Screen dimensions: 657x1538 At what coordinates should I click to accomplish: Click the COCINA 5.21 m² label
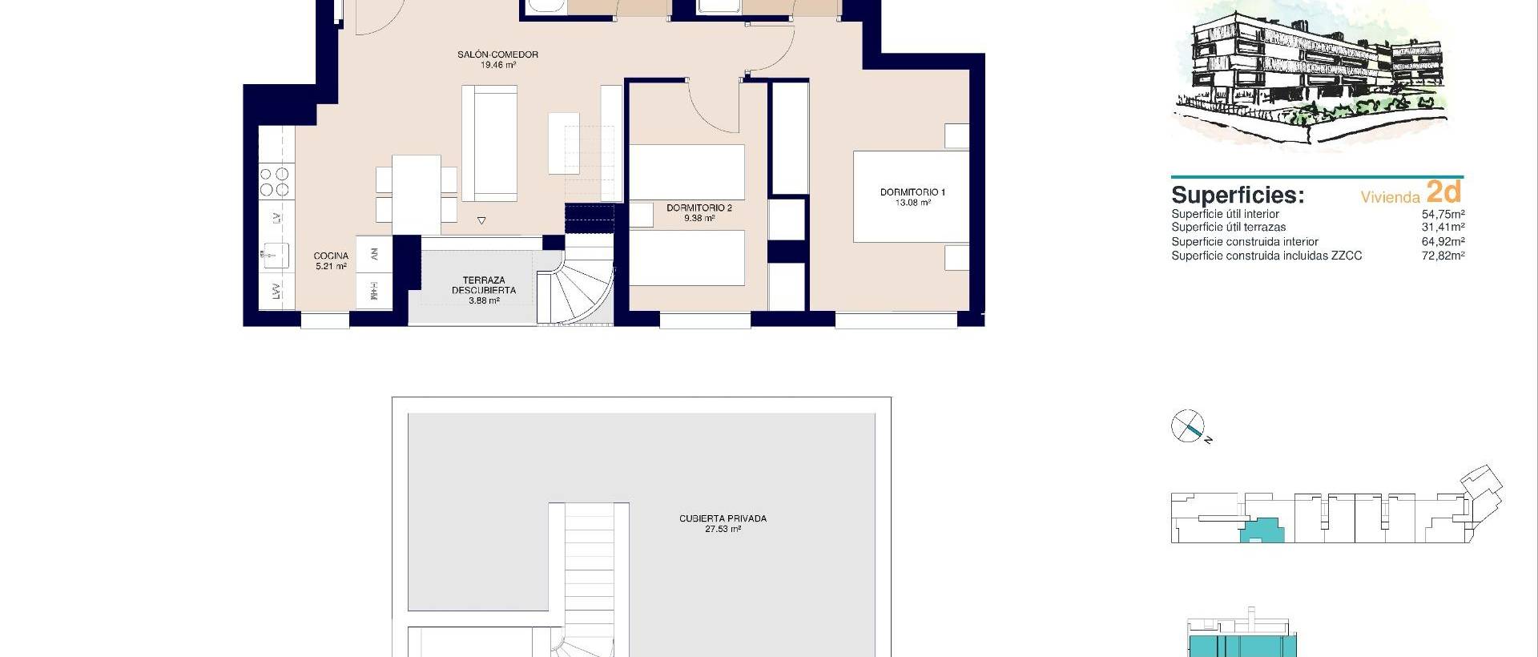click(331, 261)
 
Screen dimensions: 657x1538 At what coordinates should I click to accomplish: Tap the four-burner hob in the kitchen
click(276, 181)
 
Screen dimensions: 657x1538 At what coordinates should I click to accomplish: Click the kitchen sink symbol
click(274, 254)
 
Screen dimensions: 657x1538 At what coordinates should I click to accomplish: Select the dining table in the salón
click(416, 193)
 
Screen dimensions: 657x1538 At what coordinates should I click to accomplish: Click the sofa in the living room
click(489, 144)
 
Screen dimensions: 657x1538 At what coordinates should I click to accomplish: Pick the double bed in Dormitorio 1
click(911, 196)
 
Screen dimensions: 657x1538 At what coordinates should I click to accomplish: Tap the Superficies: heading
click(1238, 195)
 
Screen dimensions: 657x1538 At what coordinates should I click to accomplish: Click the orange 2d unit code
click(1444, 192)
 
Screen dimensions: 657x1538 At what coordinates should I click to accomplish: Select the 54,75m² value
click(1443, 214)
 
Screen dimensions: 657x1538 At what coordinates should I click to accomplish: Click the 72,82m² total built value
click(1443, 256)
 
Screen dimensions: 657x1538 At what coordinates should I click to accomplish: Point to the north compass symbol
click(1188, 426)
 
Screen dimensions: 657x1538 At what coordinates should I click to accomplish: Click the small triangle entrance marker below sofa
click(481, 220)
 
